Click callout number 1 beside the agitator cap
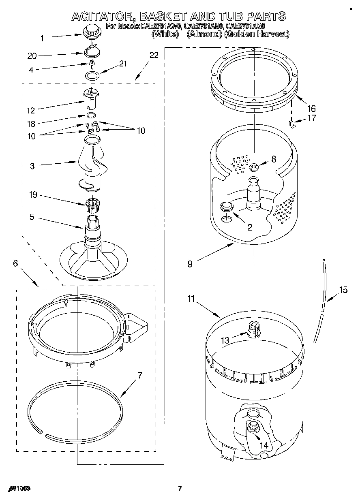coord(43,38)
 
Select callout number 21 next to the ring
coord(123,63)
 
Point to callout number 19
coord(33,195)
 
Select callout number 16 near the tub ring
coord(311,109)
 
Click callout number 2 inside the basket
coord(250,227)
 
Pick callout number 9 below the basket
coord(190,264)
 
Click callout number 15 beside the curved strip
coord(343,290)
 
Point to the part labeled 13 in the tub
coord(253,328)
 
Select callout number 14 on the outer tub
coord(264,445)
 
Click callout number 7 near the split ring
coord(140,375)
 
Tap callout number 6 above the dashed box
coord(15,263)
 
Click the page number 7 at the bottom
coord(180,488)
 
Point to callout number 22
coord(154,55)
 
